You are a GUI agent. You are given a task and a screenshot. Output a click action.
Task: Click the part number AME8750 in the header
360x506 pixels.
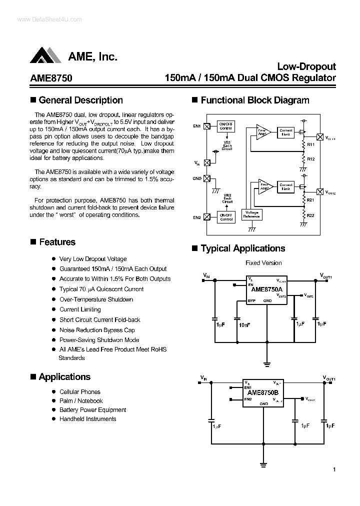point(51,78)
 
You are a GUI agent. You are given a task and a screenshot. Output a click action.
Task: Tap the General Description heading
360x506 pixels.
point(80,100)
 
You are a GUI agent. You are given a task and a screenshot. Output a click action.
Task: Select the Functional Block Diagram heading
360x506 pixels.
point(254,100)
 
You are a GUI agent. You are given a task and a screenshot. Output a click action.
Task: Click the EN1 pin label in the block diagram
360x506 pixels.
point(196,126)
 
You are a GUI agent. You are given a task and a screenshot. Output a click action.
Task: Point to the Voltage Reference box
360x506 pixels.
point(251,214)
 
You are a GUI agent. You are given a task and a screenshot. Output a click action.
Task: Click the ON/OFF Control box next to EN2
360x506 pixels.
point(226,217)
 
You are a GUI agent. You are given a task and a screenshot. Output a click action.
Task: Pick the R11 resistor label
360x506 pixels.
point(310,144)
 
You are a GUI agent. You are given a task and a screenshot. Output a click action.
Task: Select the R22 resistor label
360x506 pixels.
point(310,215)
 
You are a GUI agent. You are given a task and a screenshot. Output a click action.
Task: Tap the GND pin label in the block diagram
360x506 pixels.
point(196,178)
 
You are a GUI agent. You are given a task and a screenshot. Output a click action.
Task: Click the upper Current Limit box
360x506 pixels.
point(286,132)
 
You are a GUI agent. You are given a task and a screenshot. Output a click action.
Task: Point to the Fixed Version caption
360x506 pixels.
point(263,262)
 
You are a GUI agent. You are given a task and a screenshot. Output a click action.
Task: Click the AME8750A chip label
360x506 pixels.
point(266,289)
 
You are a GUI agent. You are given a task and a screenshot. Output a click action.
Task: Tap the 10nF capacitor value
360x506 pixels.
point(245,325)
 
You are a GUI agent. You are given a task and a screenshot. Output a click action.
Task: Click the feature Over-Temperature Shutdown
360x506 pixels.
point(96,299)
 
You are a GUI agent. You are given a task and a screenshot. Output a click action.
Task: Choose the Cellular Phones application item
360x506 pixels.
point(80,392)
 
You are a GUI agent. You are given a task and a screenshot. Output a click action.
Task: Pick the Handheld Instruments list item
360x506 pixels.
point(87,419)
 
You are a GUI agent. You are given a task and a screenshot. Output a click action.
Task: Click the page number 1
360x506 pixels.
point(334,469)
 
